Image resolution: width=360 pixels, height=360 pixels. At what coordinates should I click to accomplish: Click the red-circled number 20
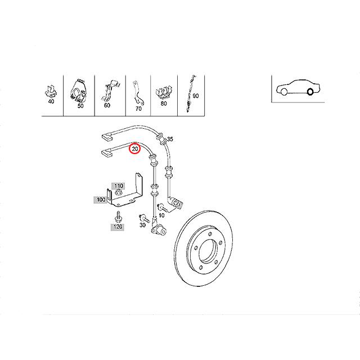(136, 149)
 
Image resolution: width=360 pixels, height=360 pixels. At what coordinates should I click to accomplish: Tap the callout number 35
(171, 139)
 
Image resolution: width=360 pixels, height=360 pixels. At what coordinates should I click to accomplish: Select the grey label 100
(101, 199)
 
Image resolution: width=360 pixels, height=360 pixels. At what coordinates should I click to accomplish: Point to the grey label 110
(119, 186)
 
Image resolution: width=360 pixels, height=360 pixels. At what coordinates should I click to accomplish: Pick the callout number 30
(142, 225)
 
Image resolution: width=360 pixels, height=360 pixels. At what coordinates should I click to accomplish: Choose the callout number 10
(161, 215)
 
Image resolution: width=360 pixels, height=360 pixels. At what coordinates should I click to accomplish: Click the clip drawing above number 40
(50, 91)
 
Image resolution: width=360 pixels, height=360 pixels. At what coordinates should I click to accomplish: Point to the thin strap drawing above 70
(137, 91)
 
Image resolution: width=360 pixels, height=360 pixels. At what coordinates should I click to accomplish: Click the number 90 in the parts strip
(196, 96)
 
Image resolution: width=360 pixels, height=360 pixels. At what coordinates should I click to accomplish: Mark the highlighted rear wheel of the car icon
(309, 92)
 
